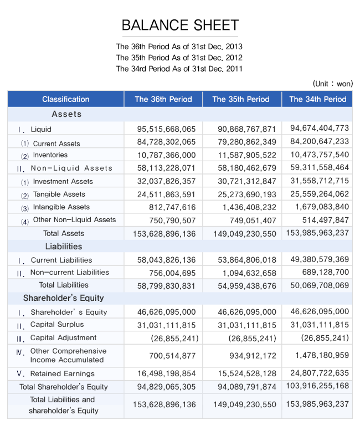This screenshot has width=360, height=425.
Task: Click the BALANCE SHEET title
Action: [180, 25]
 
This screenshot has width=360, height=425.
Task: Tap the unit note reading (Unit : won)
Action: [332, 84]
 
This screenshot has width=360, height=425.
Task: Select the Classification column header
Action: [65, 99]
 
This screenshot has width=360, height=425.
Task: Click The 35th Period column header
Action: [241, 99]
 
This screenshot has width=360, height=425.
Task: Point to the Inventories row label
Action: [50, 155]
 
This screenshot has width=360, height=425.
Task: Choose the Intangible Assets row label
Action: [61, 207]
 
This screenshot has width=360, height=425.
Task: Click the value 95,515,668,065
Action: [166, 129]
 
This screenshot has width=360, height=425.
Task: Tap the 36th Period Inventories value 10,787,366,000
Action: [166, 155]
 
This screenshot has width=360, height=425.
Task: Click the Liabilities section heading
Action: [64, 246]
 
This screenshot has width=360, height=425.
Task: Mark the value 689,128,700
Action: [325, 272]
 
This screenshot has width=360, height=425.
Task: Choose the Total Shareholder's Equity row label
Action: [64, 387]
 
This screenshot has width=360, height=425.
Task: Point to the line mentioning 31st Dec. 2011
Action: [179, 69]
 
